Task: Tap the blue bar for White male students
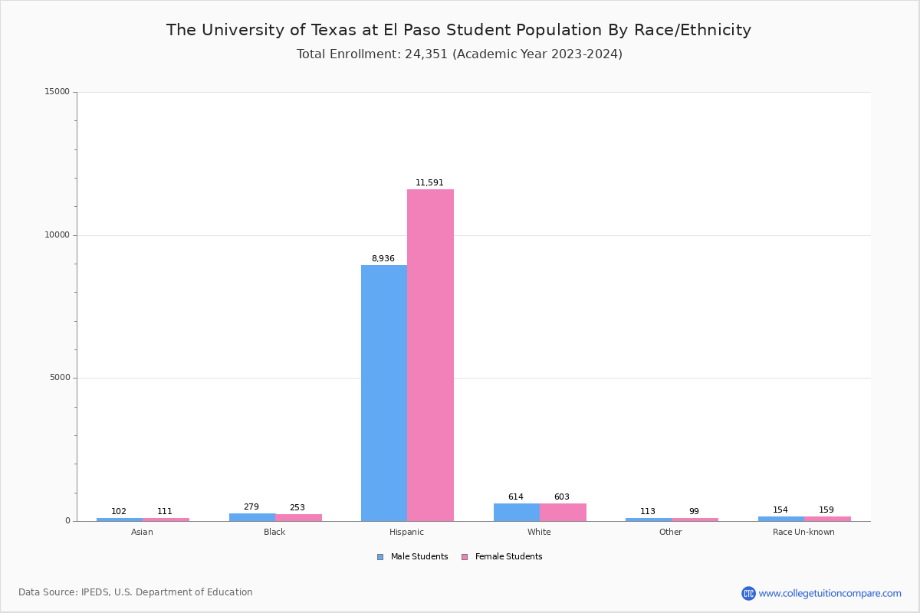coord(517,512)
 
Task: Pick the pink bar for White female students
coord(563,512)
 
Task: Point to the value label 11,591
coord(429,183)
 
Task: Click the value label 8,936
coord(383,259)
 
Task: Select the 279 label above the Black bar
coord(251,507)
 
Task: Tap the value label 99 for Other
coord(694,512)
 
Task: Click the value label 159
coord(826,510)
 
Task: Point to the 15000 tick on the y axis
coord(58,92)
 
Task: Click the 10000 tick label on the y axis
coord(58,235)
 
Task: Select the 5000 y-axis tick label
coord(61,378)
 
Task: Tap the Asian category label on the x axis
coord(142,532)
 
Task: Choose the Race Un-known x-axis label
coord(803,532)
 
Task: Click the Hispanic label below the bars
coord(406,532)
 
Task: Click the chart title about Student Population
coord(458,30)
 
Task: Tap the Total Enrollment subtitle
coord(459,54)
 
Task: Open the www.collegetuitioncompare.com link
coord(830,593)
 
